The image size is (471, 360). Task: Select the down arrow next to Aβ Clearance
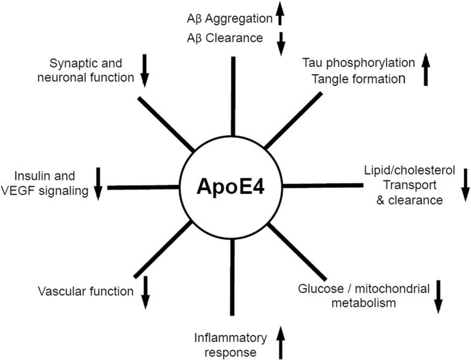pos(279,43)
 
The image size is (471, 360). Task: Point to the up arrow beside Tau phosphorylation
pos(426,69)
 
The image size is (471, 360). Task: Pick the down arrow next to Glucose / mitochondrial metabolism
pos(439,295)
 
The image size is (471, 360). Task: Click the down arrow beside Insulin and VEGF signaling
pos(99,183)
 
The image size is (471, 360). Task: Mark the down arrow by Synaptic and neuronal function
pos(144,70)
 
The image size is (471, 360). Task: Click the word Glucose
pos(317,289)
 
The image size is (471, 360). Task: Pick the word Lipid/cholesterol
pos(409,171)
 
